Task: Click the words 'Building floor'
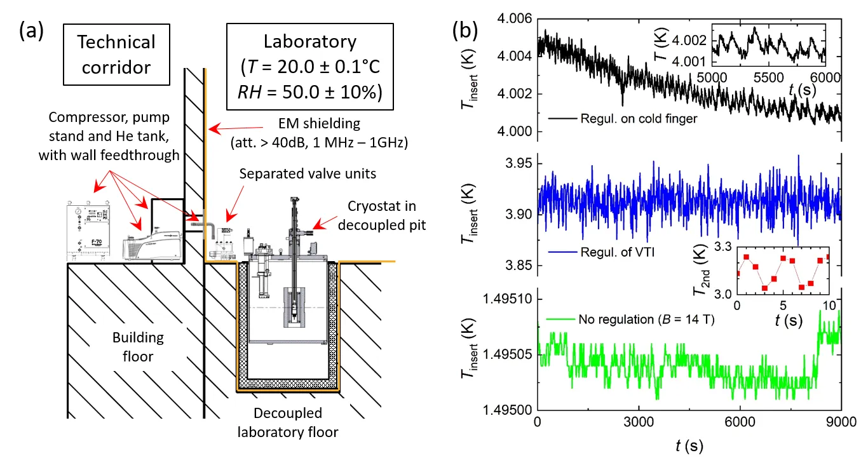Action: coord(138,347)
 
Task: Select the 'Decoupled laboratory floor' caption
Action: coord(288,423)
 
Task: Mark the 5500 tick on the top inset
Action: coord(770,76)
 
